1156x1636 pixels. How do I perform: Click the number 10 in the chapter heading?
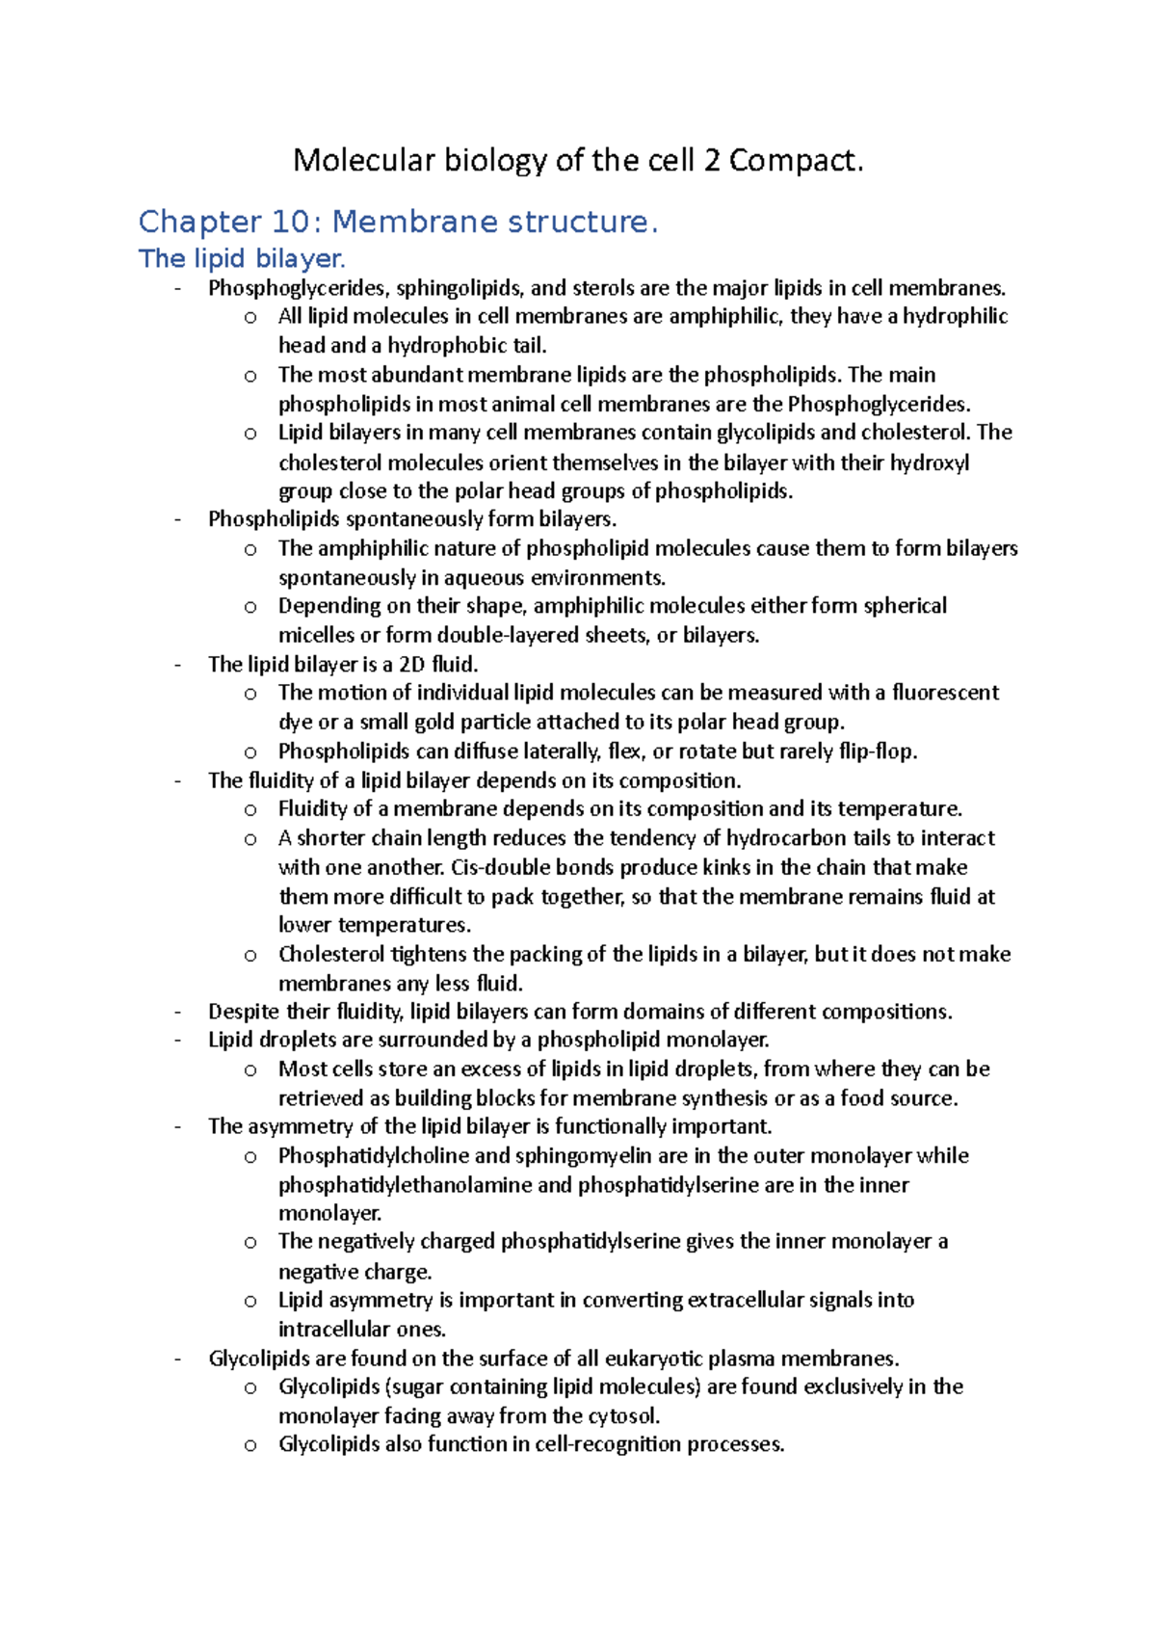[290, 222]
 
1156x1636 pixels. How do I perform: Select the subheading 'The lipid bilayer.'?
[241, 258]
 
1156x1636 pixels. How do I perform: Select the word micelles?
[316, 635]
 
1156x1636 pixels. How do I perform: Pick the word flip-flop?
[877, 751]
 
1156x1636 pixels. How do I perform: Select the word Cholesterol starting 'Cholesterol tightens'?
[332, 954]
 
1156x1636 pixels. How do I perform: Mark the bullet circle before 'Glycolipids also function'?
[250, 1445]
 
